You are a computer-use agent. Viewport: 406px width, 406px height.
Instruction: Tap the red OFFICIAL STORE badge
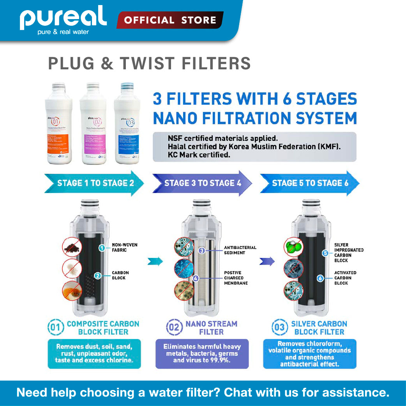tap(170, 20)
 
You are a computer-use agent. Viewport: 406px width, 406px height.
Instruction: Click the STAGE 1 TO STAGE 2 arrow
tap(94, 183)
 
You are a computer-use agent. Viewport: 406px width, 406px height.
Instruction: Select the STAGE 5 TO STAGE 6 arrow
tap(310, 183)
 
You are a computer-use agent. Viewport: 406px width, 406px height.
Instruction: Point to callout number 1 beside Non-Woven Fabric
tap(101, 247)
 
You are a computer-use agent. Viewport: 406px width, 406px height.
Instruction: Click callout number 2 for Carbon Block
tap(98, 275)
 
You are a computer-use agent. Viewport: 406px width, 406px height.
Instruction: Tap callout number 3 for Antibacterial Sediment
tap(202, 251)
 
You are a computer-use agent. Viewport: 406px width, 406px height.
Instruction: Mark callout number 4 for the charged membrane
tap(196, 278)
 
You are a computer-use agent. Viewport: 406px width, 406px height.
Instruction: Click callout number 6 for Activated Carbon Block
tap(320, 278)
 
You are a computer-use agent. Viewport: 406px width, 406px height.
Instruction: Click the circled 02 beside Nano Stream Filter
tap(174, 328)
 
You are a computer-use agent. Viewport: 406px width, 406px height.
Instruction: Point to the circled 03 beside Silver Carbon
tap(279, 328)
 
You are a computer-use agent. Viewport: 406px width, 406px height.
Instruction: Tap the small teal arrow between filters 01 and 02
tap(154, 261)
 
